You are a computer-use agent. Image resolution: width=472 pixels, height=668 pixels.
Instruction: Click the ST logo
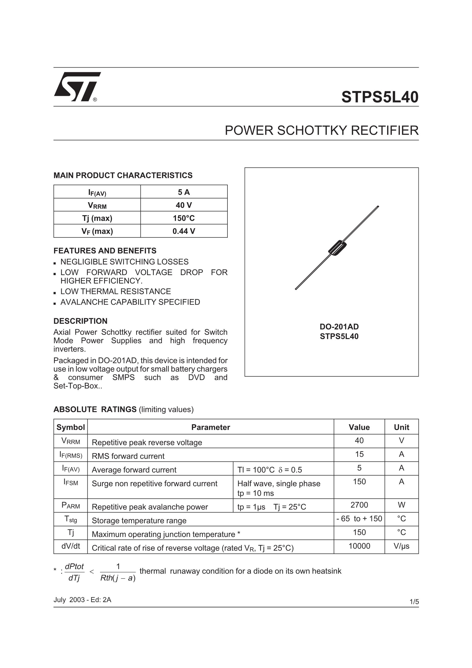[x=77, y=87]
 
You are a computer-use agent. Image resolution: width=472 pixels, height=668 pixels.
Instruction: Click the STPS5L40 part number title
[x=379, y=97]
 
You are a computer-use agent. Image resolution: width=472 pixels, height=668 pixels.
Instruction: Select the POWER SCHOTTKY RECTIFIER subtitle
[x=321, y=130]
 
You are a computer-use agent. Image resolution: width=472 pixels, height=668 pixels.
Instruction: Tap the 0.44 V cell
[x=184, y=231]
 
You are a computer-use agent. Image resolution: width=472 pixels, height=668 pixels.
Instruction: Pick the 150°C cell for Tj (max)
[x=184, y=218]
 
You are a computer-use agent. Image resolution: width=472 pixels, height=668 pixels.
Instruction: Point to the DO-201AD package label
[x=339, y=326]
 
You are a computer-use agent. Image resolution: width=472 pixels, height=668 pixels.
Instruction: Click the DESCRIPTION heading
[x=80, y=321]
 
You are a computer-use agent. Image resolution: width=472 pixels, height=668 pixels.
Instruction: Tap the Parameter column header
[x=210, y=427]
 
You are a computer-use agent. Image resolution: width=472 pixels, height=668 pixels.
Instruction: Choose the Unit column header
[x=401, y=427]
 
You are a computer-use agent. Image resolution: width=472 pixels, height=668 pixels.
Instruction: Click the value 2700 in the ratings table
[x=359, y=505]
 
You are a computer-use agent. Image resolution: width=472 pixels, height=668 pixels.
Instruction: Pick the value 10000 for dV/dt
[x=359, y=546]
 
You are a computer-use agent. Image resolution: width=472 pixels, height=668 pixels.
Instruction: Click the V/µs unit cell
[x=401, y=546]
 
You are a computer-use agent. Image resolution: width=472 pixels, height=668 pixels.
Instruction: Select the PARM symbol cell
[x=70, y=505]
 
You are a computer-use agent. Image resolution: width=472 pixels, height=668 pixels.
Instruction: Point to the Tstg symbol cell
[x=70, y=519]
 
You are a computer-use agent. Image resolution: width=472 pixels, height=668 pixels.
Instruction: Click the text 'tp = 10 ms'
[x=256, y=493]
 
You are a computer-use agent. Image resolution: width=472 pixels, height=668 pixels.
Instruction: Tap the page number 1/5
[x=414, y=602]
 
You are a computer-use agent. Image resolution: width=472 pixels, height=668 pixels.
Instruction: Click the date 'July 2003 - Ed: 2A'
[x=82, y=600]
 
